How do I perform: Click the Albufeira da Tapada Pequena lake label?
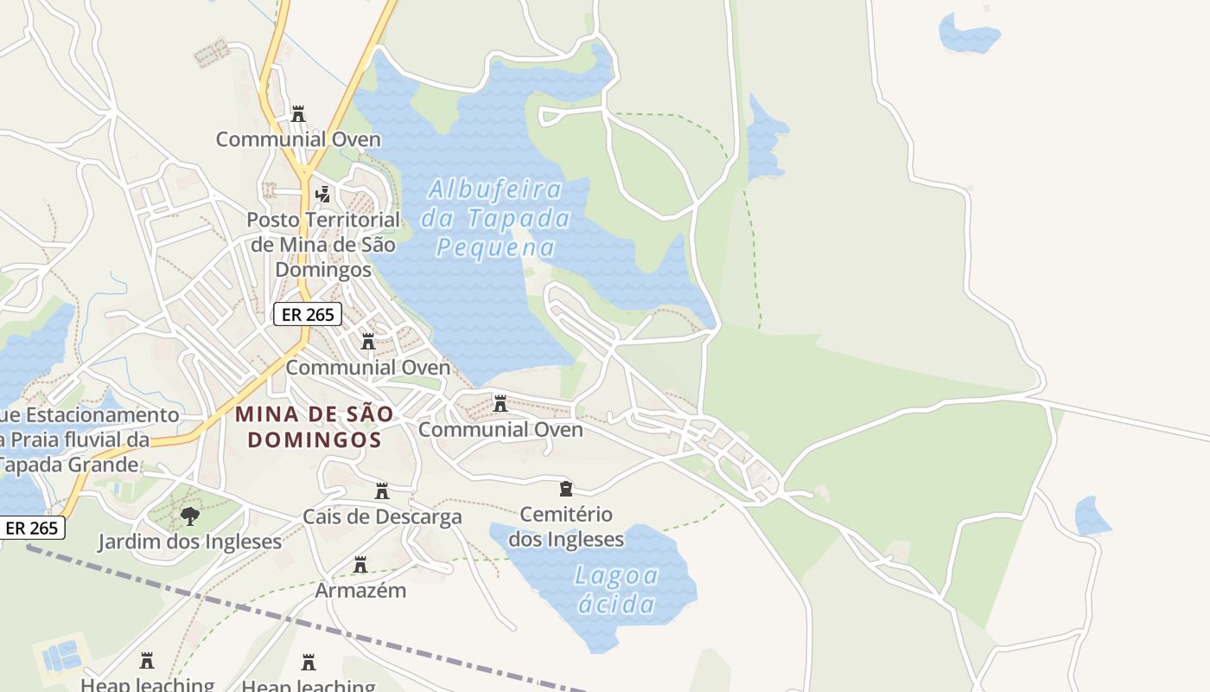point(495,218)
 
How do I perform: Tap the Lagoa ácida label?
point(616,589)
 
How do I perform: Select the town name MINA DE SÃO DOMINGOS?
point(315,426)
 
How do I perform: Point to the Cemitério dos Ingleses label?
point(566,527)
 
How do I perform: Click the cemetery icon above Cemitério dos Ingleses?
point(566,489)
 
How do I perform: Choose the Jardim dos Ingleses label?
point(189,542)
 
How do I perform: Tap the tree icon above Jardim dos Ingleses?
point(189,516)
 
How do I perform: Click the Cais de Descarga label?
point(382,517)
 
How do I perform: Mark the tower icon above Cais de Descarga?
point(382,491)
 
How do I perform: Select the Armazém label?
point(360,591)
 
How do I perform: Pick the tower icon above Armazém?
point(360,565)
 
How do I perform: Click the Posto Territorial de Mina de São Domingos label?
point(323,244)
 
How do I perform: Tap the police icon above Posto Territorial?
point(322,194)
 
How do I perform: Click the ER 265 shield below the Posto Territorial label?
point(308,314)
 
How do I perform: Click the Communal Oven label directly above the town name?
point(367,368)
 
